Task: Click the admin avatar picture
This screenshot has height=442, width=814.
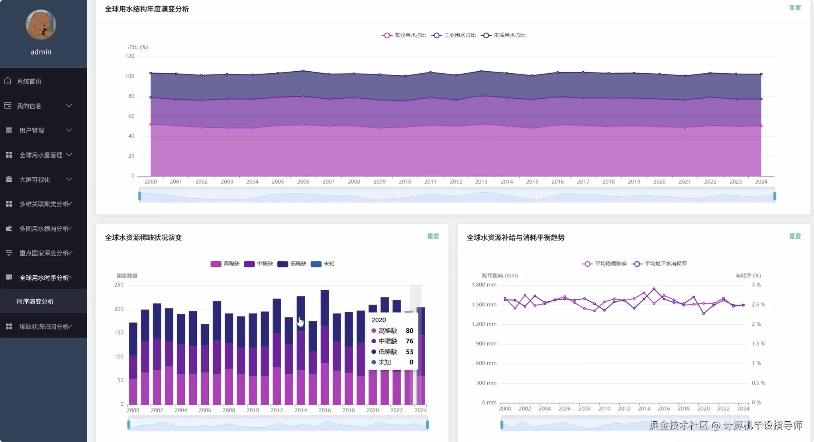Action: coord(41,25)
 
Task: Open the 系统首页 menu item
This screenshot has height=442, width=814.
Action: coord(29,81)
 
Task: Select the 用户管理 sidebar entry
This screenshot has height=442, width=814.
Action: coord(32,130)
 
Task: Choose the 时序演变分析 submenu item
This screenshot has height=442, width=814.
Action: coord(35,301)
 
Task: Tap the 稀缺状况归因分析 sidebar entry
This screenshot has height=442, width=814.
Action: coord(44,327)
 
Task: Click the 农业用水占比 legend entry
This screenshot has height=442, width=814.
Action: coord(404,35)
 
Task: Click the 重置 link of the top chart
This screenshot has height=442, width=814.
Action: coord(794,8)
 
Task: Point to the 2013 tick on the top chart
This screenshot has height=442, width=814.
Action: coord(481,182)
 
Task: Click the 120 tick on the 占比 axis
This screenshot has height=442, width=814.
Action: coord(130,56)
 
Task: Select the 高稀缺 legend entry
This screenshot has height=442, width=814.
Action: coord(225,264)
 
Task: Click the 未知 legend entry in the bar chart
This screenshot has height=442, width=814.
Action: coord(322,264)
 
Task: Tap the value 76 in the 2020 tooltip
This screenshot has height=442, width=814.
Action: coord(409,341)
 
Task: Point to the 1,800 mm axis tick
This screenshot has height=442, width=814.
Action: coord(484,285)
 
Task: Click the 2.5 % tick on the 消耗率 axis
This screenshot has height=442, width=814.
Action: coord(758,305)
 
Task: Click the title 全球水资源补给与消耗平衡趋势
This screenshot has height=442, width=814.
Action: coord(515,237)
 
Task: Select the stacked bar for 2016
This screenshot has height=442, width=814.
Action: coord(325,346)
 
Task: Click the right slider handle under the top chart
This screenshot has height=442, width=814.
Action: coord(775,196)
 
